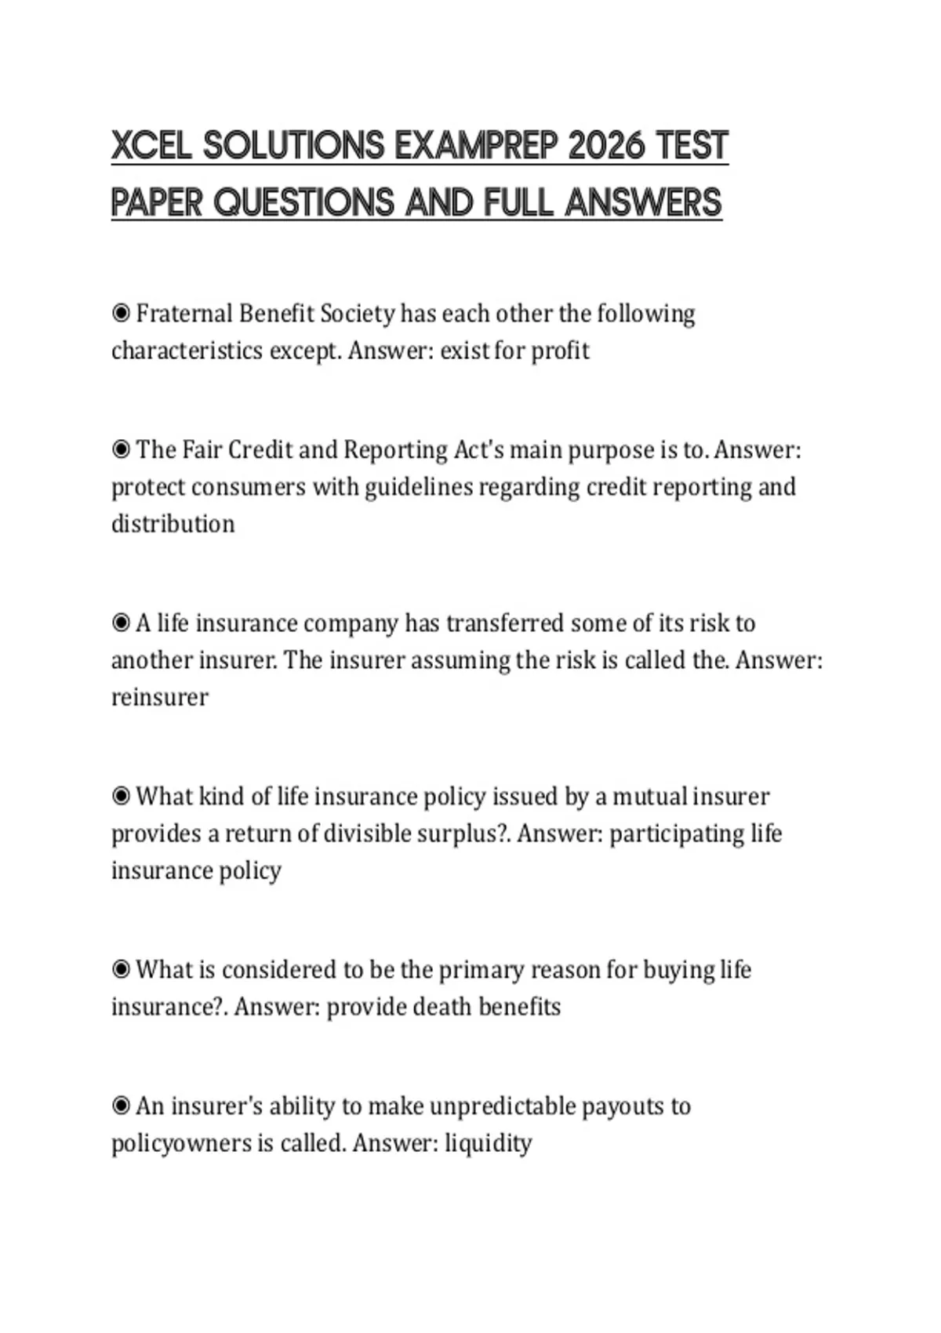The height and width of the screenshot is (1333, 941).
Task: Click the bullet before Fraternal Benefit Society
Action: pos(121,314)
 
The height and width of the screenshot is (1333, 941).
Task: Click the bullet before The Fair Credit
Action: pos(121,450)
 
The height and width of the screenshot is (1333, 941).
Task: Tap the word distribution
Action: pos(173,524)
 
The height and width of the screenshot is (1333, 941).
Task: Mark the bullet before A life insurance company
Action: pos(121,623)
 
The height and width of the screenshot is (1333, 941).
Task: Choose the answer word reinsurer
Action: pos(160,697)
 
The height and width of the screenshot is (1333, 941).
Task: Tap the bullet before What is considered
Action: pos(121,970)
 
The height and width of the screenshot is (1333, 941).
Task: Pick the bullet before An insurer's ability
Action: pos(121,1106)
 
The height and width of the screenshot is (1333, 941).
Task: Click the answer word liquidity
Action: pos(488,1143)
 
